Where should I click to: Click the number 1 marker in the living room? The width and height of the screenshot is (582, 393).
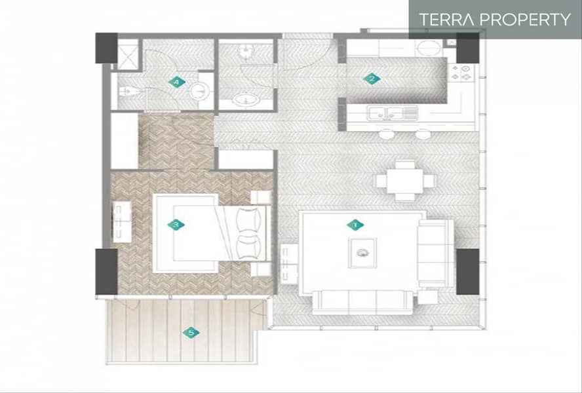[355, 225]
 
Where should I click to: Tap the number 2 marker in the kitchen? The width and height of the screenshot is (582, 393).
[372, 79]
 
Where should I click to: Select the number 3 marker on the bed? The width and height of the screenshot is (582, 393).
[176, 225]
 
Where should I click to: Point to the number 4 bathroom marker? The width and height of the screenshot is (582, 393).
[177, 82]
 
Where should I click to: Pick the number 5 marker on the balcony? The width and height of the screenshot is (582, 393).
[191, 333]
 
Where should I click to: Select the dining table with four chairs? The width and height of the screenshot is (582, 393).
[405, 181]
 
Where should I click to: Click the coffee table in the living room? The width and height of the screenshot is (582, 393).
[362, 253]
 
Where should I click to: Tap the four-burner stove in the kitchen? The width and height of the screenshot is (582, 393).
[461, 73]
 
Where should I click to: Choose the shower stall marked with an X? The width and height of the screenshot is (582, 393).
[128, 54]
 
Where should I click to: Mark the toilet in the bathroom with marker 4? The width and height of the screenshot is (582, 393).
[127, 91]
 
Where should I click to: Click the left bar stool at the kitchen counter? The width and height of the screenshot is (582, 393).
[387, 134]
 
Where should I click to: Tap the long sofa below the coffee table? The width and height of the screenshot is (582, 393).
[362, 303]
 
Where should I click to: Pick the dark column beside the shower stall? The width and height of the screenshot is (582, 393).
[107, 48]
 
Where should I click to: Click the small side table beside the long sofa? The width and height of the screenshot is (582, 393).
[428, 297]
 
